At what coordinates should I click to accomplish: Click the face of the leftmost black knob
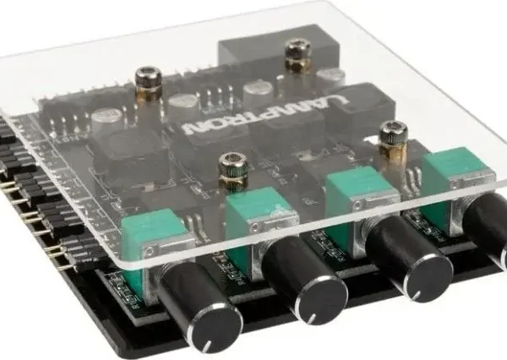[x=217, y=329]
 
